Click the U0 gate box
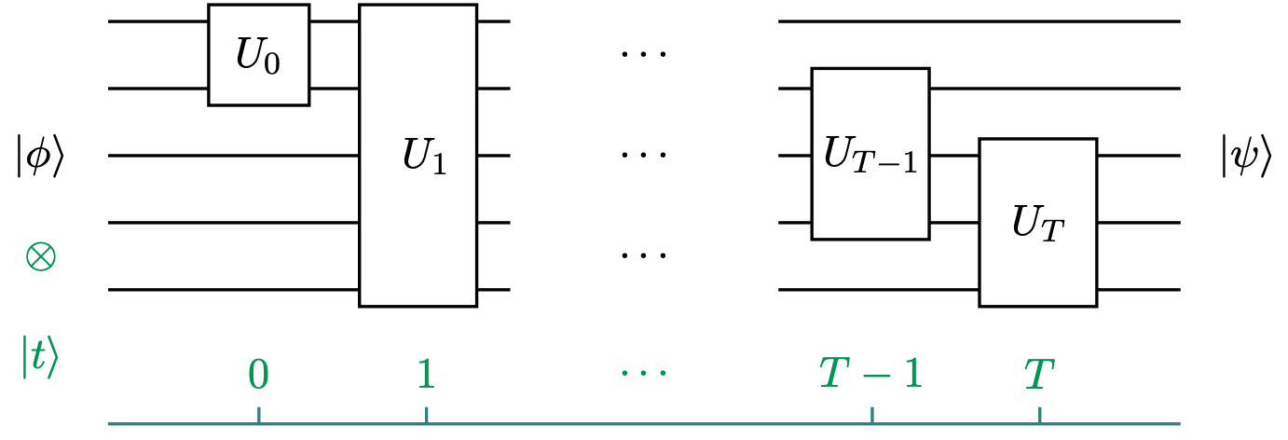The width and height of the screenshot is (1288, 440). pyautogui.click(x=258, y=55)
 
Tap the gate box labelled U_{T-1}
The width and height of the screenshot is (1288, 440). pyautogui.click(x=870, y=154)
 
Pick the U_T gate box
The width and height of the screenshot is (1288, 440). pyautogui.click(x=1036, y=222)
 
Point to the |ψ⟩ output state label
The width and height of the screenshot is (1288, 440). pyautogui.click(x=1244, y=156)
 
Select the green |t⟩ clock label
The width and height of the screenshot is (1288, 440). pyautogui.click(x=39, y=357)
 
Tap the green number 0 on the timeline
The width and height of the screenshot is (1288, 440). pyautogui.click(x=259, y=374)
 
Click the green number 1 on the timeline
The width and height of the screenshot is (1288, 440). pyautogui.click(x=425, y=374)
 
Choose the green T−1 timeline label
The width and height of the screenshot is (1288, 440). pyautogui.click(x=870, y=374)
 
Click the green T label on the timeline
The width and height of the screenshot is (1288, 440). pyautogui.click(x=1038, y=374)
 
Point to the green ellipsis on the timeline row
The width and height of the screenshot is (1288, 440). pyautogui.click(x=644, y=375)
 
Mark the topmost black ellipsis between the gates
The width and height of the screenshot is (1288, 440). pyautogui.click(x=644, y=54)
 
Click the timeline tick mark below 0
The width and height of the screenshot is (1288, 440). pyautogui.click(x=259, y=416)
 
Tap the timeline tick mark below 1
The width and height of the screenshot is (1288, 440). pyautogui.click(x=425, y=416)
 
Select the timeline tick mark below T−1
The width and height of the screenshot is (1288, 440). pyautogui.click(x=871, y=416)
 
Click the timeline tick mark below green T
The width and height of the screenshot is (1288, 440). pyautogui.click(x=1038, y=416)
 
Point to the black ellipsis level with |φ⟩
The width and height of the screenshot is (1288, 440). pyautogui.click(x=644, y=155)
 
